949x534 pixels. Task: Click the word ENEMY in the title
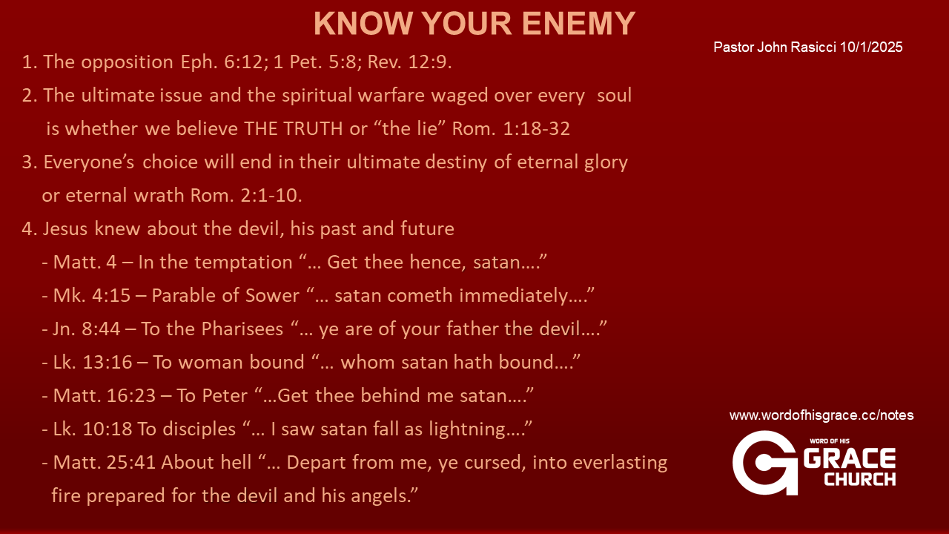[578, 23]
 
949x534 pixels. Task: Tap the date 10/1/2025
[871, 47]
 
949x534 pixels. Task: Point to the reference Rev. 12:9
[409, 62]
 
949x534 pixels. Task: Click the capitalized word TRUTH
[313, 128]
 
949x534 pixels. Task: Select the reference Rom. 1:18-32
[511, 128]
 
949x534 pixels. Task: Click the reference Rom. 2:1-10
[246, 195]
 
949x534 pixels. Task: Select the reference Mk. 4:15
[91, 295]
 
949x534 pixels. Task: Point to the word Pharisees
[242, 329]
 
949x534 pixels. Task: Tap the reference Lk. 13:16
[93, 363]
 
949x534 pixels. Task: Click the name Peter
[225, 395]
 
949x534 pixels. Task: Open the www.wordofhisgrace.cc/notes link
[821, 415]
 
